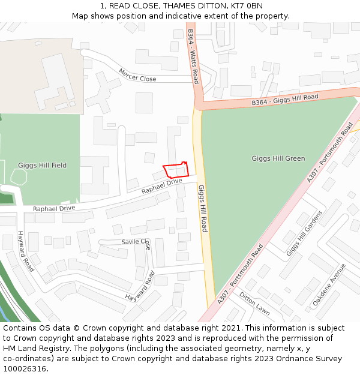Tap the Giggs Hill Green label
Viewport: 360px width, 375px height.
point(278,158)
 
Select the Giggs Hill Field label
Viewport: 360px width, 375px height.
point(42,165)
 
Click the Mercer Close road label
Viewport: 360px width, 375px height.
point(137,75)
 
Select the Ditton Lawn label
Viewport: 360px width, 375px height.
point(254,304)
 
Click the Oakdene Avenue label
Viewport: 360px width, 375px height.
point(329,285)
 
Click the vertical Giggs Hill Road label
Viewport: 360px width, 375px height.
point(203,208)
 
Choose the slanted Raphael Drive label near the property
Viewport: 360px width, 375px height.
point(161,186)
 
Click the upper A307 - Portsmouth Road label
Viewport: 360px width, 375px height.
point(330,153)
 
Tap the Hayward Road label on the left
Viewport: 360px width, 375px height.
point(26,251)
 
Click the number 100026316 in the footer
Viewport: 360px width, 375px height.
point(25,368)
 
